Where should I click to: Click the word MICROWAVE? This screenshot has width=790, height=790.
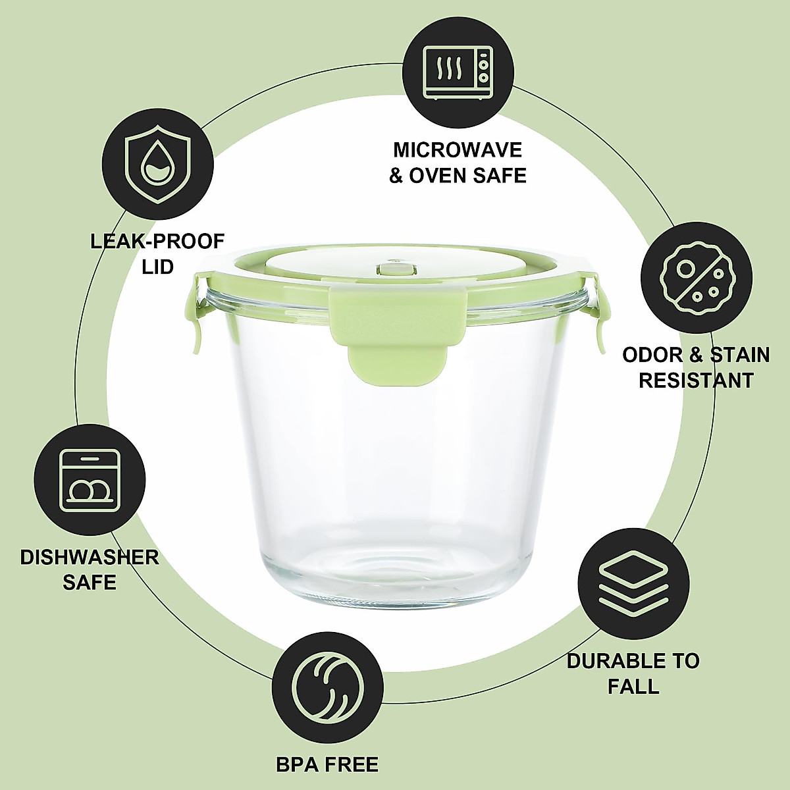pyautogui.click(x=458, y=149)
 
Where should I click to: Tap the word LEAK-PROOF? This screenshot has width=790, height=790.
pyautogui.click(x=157, y=241)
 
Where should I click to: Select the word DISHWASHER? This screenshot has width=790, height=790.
pyautogui.click(x=90, y=557)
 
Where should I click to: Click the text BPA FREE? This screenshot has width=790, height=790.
pyautogui.click(x=327, y=764)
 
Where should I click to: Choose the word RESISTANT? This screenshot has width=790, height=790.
pyautogui.click(x=696, y=381)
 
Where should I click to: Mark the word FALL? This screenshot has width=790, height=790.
pyautogui.click(x=633, y=687)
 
